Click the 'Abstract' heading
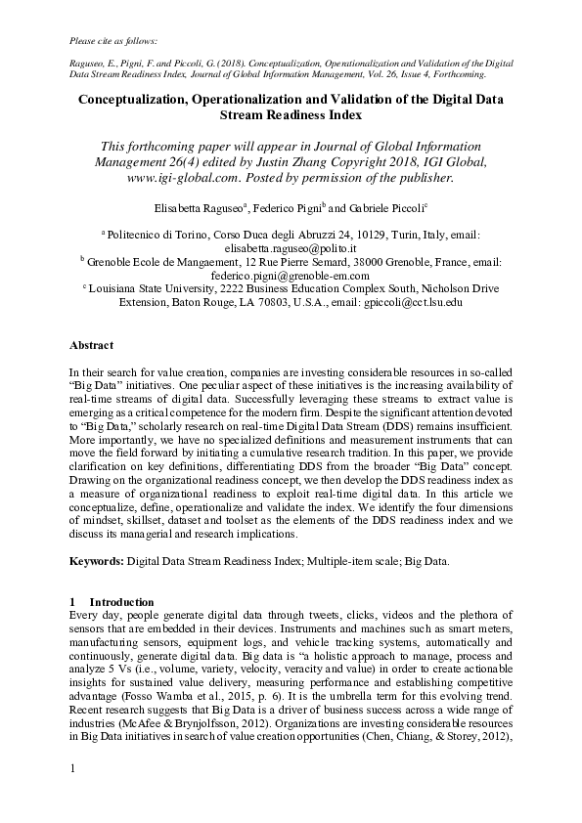point(91,345)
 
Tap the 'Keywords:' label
point(96,563)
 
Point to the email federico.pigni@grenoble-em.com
point(291,277)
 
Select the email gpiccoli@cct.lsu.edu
point(413,303)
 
